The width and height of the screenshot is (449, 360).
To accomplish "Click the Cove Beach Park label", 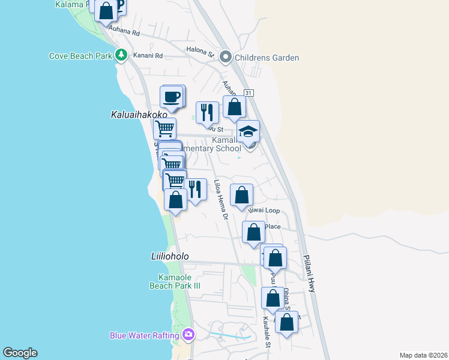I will click(x=80, y=56).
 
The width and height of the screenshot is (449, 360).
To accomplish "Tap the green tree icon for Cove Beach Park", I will click(x=121, y=55).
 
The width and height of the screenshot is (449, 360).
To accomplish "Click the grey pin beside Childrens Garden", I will click(x=226, y=58).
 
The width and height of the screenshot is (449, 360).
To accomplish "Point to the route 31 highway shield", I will click(x=249, y=93).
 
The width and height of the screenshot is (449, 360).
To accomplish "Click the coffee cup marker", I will click(x=172, y=97).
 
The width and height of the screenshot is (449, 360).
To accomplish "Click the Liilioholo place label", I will click(x=170, y=256).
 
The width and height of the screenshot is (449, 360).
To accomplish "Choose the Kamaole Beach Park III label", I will click(x=174, y=281).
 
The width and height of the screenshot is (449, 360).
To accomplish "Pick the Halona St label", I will click(x=203, y=53).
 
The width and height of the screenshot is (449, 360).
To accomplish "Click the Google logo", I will click(x=20, y=353).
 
